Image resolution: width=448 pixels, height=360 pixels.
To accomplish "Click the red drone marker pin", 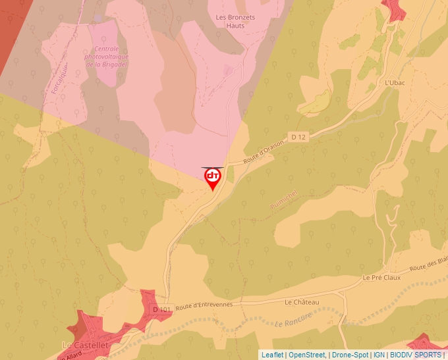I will point(213,178).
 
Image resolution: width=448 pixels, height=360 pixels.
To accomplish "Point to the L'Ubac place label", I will point(393,84).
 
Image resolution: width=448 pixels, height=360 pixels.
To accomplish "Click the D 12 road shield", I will point(298,137).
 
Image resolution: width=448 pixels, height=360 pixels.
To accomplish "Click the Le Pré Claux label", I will point(381,278).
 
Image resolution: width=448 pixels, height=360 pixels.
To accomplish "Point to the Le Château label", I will point(302,302).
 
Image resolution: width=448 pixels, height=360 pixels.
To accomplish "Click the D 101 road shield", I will point(161,309).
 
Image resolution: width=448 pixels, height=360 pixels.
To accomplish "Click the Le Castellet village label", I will point(81,345).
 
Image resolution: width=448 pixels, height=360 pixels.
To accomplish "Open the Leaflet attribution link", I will point(272,355).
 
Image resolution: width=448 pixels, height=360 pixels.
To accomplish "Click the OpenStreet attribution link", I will point(306,355).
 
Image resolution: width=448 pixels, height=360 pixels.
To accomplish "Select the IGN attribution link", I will point(379,355).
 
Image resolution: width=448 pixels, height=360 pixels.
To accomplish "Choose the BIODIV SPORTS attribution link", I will point(416,355).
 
